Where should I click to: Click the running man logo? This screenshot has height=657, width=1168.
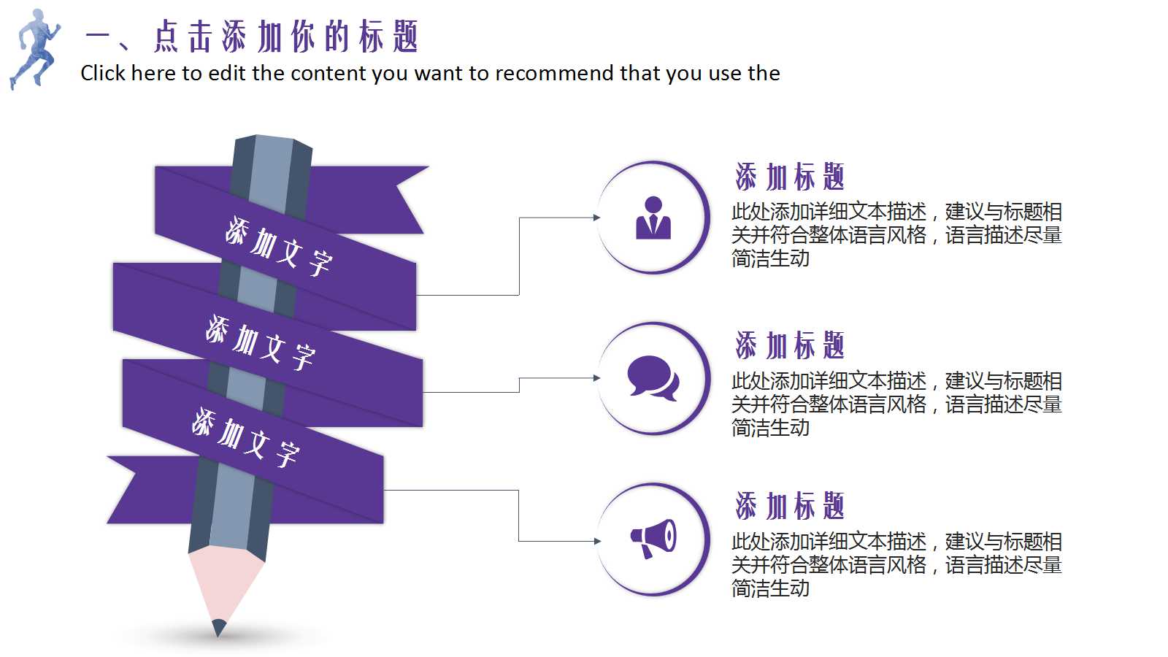[x=34, y=48]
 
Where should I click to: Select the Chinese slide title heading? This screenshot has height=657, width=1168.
[x=252, y=36]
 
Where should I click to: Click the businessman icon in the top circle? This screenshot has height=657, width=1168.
[x=653, y=218]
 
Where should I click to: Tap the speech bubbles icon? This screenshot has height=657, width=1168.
[x=653, y=377]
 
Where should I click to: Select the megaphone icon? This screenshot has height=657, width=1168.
[x=653, y=539]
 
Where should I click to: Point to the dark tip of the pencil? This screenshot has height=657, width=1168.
[x=218, y=627]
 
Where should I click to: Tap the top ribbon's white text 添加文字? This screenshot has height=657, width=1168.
[x=278, y=246]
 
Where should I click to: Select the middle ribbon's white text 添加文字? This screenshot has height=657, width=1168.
[x=260, y=343]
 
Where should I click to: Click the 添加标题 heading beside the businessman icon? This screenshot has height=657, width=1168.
[x=790, y=177]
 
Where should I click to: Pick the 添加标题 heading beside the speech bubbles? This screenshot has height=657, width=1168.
[x=790, y=345]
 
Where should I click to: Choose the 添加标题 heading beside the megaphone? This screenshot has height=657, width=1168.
[x=790, y=506]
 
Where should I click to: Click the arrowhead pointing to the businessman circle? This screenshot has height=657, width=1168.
[x=596, y=218]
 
